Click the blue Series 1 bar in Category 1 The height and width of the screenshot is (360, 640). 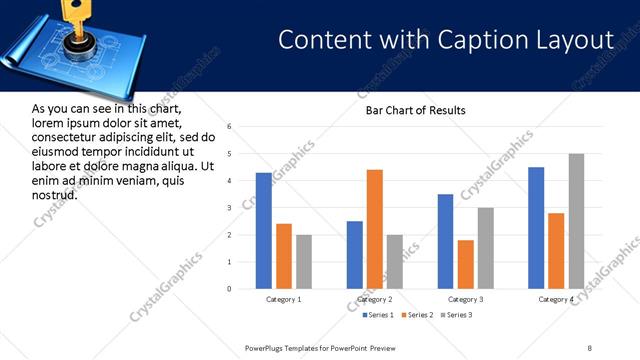(264, 231)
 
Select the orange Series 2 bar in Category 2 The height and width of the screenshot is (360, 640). (375, 229)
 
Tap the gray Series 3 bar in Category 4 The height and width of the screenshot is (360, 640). (576, 221)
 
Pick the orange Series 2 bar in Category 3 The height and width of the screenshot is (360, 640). (465, 264)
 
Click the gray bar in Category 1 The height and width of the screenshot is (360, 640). (304, 262)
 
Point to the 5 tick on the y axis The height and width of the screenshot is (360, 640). (230, 154)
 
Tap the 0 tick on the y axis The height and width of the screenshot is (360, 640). (230, 289)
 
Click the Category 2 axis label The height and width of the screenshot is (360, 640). (375, 299)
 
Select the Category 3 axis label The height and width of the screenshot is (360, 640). (465, 299)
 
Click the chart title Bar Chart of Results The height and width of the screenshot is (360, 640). (415, 110)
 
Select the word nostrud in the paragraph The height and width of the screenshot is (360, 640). (54, 194)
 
